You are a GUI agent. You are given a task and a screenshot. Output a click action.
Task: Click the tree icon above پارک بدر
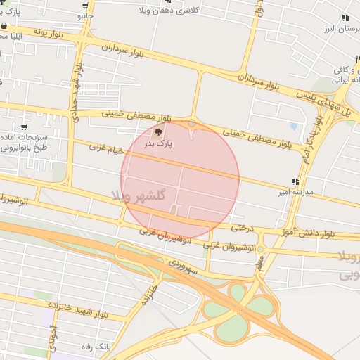tap(157, 132)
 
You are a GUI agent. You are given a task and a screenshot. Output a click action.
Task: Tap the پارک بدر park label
tap(159, 143)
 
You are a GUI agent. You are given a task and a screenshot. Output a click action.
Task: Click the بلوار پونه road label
tap(43, 32)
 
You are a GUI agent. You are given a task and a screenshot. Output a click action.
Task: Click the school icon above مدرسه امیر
tap(294, 181)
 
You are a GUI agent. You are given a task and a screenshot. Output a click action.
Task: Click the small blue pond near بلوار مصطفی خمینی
tap(293, 127)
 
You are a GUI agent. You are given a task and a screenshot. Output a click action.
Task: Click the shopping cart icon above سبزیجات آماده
tap(25, 127)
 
